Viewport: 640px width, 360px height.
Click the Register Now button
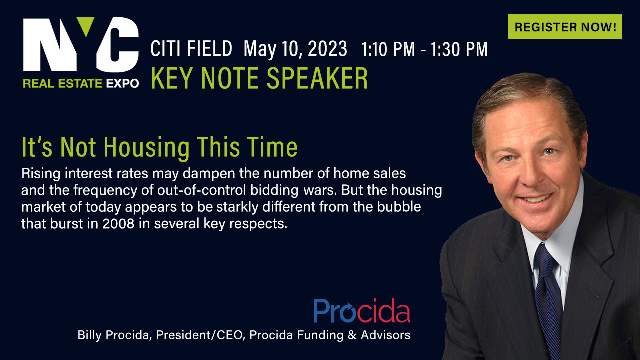coord(565,27)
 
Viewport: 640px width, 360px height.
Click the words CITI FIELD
coord(191,49)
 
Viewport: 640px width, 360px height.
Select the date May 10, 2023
coord(295,49)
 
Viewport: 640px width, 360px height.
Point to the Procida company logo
coord(361,310)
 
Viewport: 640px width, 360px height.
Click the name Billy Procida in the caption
coord(113,335)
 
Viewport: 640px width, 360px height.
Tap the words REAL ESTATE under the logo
coord(63,83)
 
